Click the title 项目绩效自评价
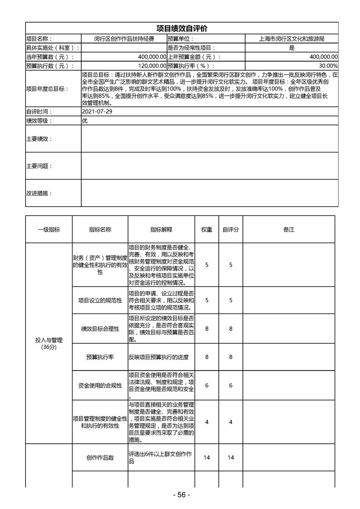(x=182, y=29)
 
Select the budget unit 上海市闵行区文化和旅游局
(x=291, y=39)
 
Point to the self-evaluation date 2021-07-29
(x=96, y=112)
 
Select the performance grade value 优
(x=84, y=121)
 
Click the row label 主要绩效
(x=39, y=138)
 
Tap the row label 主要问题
(x=39, y=166)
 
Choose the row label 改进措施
(x=39, y=193)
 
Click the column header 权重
(x=207, y=230)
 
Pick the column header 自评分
(x=231, y=230)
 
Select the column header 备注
(x=289, y=230)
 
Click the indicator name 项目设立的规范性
(x=100, y=300)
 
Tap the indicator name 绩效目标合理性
(x=100, y=328)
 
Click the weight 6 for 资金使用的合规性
(x=207, y=385)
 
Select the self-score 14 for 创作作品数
(x=231, y=458)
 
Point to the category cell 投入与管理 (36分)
(x=49, y=343)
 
